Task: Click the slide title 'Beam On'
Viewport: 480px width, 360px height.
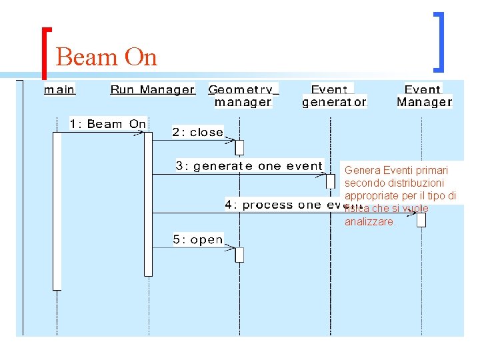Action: point(107,57)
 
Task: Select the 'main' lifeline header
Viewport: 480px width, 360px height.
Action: point(59,89)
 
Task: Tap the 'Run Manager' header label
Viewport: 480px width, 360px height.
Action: point(152,89)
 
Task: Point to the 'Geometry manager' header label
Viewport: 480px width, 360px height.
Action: point(243,95)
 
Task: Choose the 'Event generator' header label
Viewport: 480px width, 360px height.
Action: point(334,95)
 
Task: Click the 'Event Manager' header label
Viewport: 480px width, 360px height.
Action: point(424,95)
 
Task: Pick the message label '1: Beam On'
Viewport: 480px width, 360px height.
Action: point(107,124)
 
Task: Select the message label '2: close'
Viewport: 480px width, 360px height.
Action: point(197,133)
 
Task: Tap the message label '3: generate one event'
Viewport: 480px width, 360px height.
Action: point(249,166)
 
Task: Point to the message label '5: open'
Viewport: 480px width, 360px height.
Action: point(197,240)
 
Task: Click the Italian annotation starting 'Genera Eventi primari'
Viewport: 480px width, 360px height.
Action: point(400,195)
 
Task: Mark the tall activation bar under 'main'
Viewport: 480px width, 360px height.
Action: point(57,210)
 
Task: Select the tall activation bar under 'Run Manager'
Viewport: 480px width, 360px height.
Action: point(148,203)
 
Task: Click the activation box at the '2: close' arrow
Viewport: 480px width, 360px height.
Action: point(239,147)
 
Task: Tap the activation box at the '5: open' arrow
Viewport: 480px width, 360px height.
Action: point(239,254)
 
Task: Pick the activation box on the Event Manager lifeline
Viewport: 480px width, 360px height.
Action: point(421,219)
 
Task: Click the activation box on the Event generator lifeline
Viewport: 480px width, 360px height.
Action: point(331,181)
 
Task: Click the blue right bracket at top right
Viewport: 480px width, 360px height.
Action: point(438,41)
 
